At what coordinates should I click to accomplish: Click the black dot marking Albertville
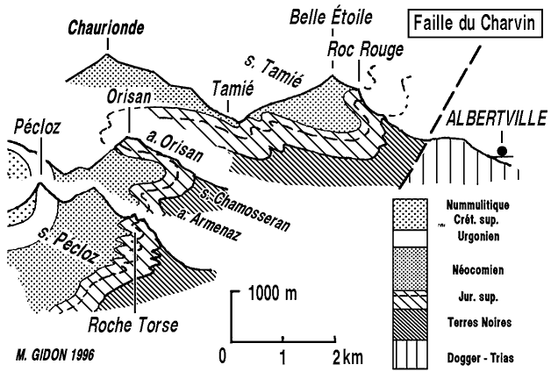pos(502,151)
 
